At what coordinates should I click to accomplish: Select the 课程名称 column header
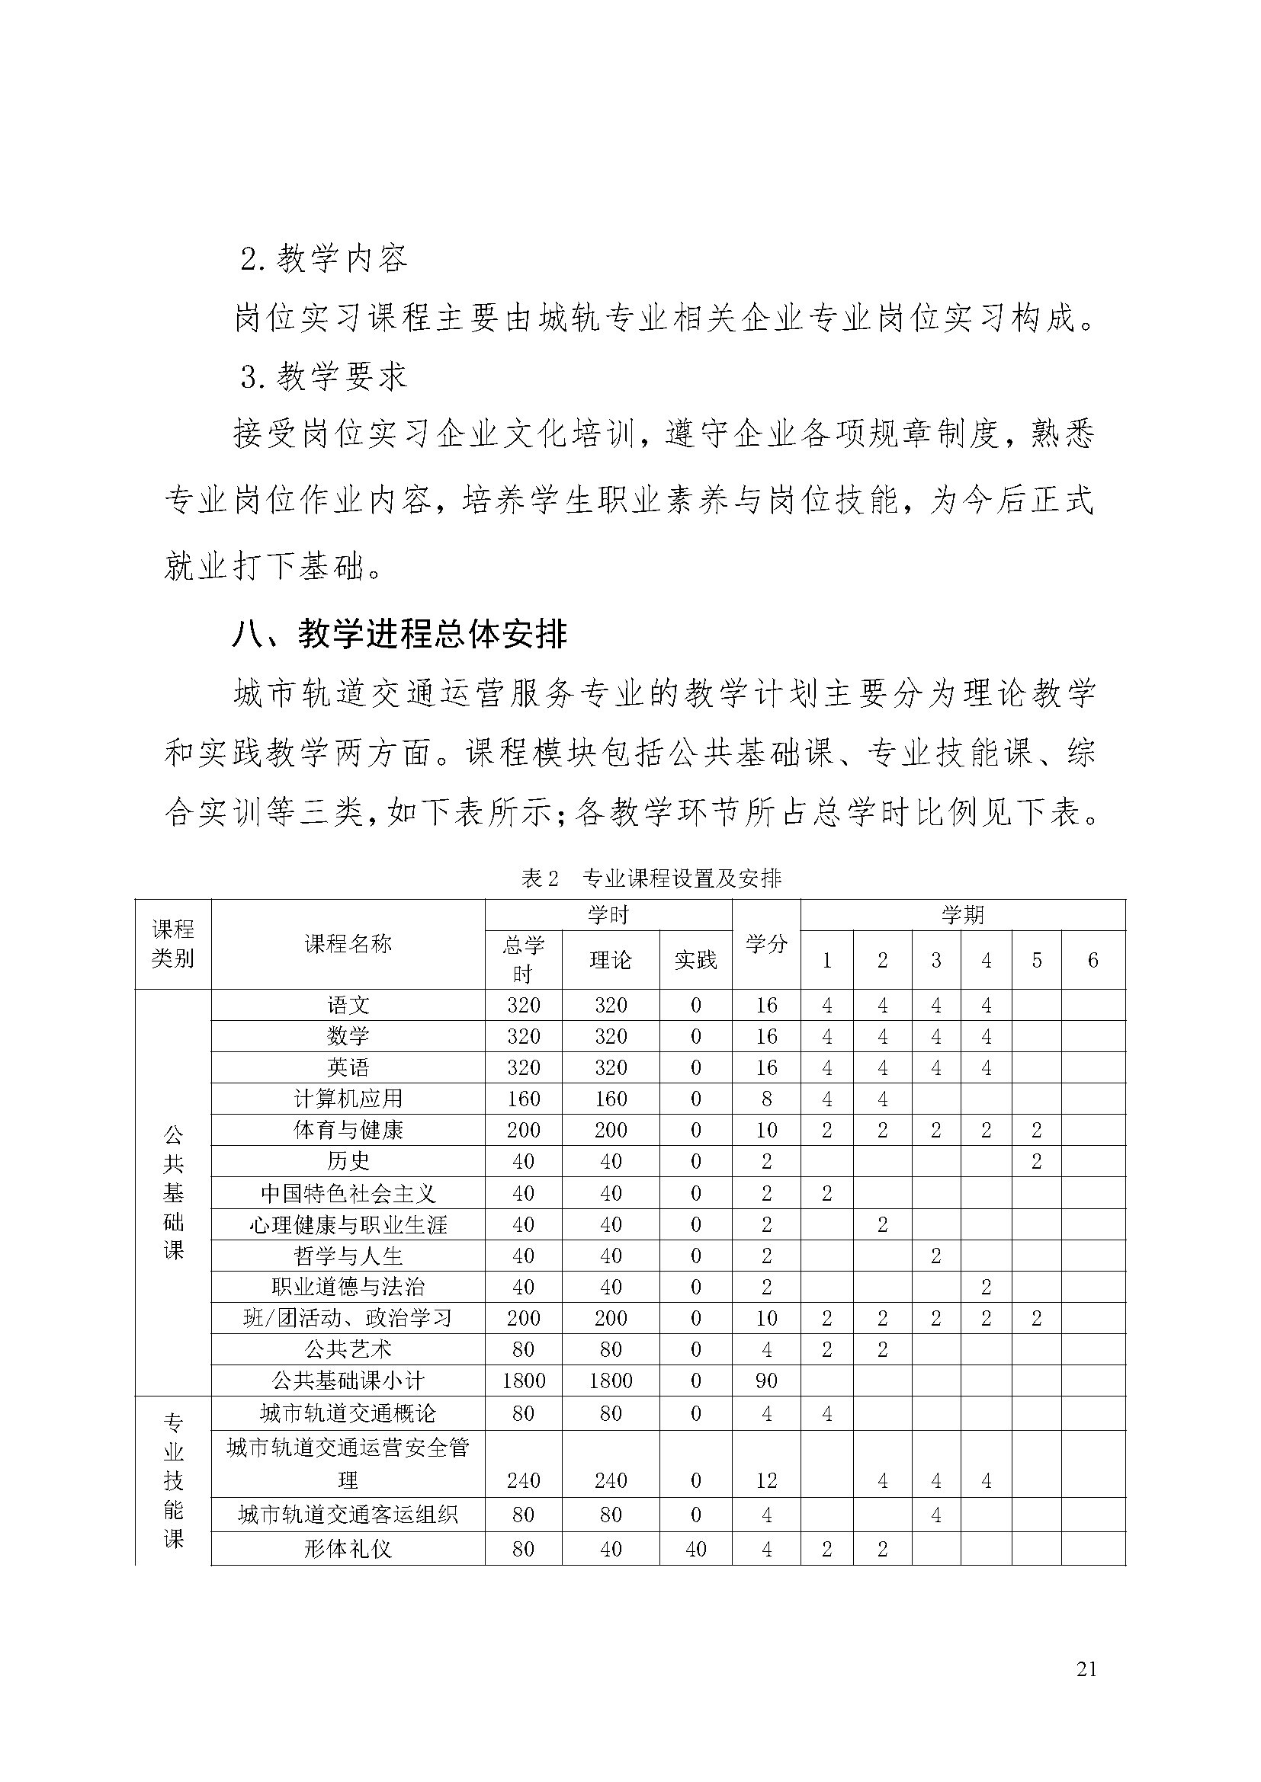coord(348,944)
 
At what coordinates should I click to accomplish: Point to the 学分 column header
coord(766,944)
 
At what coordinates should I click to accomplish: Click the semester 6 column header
coord(1093,960)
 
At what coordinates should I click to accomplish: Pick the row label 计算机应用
coord(348,1099)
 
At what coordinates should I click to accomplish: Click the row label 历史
coord(348,1161)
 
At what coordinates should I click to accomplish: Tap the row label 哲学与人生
coord(348,1256)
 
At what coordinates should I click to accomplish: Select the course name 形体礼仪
coord(348,1549)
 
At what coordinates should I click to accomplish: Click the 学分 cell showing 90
coord(766,1380)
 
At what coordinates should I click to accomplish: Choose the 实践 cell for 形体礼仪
coord(695,1549)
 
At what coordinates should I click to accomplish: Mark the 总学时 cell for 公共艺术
coord(523,1349)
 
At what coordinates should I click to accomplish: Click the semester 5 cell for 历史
coord(1036,1161)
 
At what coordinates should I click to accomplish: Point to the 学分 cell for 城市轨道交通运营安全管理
coord(766,1480)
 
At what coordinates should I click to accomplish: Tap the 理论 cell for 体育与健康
coord(611,1130)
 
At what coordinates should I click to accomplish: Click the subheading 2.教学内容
coord(324,258)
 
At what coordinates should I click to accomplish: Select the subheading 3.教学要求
coord(324,377)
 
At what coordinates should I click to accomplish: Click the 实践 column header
coord(695,960)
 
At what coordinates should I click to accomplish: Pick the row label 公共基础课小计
coord(348,1380)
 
